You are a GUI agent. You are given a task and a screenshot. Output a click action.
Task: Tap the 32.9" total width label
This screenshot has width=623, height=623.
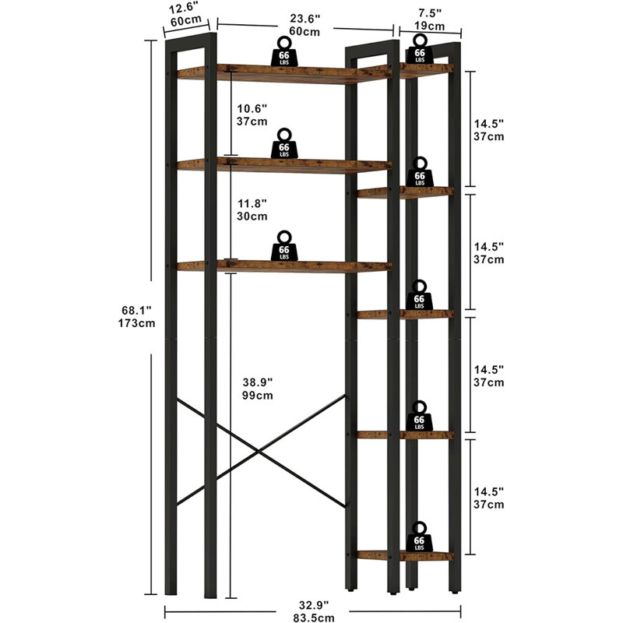point(314,605)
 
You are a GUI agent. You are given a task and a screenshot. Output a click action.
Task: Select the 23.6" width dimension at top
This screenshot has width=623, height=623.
point(304,19)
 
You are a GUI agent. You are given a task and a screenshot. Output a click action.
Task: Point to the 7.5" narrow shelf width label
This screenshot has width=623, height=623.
point(430,13)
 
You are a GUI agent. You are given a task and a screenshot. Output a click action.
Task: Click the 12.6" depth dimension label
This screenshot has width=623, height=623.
point(183,9)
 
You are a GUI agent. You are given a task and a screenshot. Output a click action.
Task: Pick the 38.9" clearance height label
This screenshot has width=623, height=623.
point(258,382)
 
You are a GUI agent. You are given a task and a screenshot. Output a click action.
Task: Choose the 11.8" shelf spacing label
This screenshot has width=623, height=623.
point(252,203)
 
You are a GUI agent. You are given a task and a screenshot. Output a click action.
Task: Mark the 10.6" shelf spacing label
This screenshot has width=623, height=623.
point(252,108)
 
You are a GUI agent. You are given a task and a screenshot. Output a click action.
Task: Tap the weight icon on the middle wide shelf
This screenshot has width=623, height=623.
point(284,144)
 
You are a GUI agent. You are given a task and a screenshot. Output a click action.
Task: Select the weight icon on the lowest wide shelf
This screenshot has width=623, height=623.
point(284,246)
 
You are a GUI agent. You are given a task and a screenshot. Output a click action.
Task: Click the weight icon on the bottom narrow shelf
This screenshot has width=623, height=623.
point(419,537)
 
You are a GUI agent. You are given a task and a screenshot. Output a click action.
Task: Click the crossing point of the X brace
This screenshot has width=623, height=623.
point(259,451)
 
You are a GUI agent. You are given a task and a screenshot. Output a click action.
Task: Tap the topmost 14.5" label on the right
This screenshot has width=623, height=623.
point(489,124)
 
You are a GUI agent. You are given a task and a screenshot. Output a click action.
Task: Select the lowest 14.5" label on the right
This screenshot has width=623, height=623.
point(489,491)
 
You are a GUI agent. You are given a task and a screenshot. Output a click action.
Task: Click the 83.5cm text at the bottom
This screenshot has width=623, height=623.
point(314,618)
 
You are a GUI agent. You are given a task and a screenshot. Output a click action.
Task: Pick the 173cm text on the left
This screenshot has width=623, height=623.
point(136,323)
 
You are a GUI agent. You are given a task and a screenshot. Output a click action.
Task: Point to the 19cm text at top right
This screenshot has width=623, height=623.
point(430,26)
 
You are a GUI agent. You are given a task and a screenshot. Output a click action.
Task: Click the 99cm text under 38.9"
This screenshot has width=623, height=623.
point(258,396)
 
